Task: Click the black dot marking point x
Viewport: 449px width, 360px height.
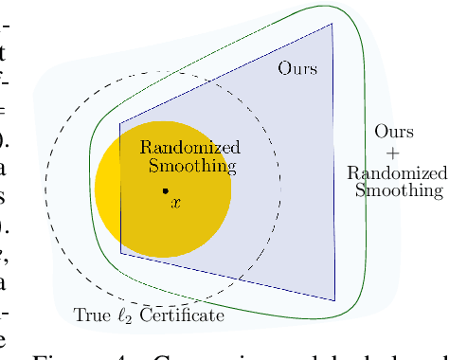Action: (166, 190)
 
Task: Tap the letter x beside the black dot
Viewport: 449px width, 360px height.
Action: (174, 202)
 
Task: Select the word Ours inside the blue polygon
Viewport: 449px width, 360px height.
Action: (297, 69)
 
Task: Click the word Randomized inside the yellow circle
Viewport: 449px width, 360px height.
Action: (189, 148)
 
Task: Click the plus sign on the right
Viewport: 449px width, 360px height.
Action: (393, 152)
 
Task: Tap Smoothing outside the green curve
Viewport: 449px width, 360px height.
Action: (399, 190)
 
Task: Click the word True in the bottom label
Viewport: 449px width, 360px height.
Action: (92, 315)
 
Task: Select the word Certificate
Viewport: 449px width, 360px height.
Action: (182, 315)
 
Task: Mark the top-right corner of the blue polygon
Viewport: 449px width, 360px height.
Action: (332, 24)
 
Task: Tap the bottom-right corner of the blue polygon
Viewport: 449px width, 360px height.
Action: (334, 300)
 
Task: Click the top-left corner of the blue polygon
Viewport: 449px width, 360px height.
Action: (119, 123)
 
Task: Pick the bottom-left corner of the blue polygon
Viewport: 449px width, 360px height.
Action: (120, 252)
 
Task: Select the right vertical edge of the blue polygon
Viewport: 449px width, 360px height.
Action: (333, 161)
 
